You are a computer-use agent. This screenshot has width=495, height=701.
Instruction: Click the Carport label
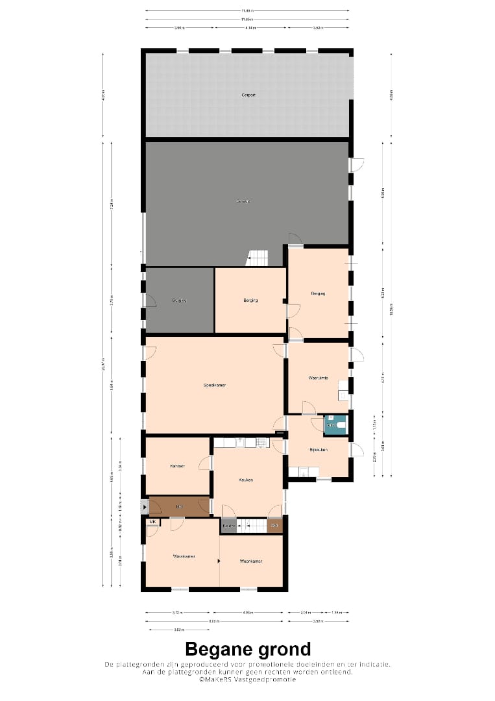248,95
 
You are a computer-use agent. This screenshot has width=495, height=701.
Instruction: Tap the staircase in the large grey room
258,258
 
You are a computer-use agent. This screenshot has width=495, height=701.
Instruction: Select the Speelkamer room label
214,385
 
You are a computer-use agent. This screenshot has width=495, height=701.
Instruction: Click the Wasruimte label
318,378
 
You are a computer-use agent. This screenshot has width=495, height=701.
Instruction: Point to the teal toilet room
336,424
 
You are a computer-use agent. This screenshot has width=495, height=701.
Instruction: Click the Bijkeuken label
318,449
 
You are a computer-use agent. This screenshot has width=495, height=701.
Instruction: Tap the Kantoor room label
178,466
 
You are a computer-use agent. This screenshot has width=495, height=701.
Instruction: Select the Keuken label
246,480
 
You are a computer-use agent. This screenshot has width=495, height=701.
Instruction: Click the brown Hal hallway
178,506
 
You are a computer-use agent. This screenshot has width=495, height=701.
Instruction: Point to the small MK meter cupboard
153,522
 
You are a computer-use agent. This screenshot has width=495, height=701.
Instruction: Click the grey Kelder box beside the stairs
228,525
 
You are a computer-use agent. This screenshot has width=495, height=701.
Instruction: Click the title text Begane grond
248,649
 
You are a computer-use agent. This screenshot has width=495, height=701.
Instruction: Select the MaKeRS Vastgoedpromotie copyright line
248,680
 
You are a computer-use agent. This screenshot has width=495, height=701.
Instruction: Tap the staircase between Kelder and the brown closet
252,525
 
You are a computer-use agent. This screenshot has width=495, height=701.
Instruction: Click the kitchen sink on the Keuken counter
239,443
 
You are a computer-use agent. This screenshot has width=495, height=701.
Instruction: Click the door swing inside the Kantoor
205,463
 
